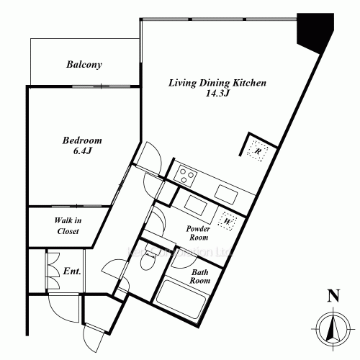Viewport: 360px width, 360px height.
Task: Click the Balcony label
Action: (84, 65)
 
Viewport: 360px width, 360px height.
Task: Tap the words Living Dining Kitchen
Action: (207, 84)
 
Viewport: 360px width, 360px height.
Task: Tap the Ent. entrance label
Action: (72, 271)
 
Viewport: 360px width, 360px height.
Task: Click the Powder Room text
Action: (198, 233)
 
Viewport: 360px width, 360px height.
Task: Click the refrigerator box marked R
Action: (258, 151)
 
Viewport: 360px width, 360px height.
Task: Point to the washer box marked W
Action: (228, 222)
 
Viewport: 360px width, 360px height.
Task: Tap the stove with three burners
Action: (186, 174)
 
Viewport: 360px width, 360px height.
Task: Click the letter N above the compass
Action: (331, 295)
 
